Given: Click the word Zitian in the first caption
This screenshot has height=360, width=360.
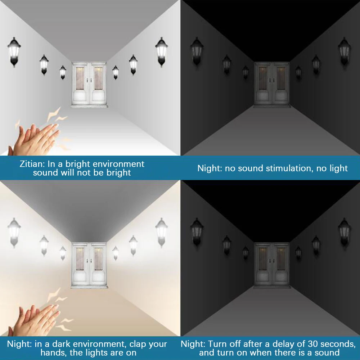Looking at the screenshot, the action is [32, 164].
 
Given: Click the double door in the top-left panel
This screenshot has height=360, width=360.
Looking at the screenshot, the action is [89, 84].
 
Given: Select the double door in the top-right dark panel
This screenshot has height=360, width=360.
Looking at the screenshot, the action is [272, 84].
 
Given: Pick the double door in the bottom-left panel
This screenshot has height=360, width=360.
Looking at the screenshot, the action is [89, 265].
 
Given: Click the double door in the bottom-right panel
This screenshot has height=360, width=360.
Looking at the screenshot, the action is [272, 265].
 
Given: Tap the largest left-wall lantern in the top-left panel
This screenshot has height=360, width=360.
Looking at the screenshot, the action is [14, 52].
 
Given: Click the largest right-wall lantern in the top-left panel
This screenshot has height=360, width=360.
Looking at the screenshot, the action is [161, 52].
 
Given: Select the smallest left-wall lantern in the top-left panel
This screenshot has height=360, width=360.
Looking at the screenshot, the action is [63, 73].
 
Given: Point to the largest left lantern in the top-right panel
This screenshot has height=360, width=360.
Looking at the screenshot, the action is [197, 52].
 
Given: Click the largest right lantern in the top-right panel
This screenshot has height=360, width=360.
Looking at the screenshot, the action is [344, 52].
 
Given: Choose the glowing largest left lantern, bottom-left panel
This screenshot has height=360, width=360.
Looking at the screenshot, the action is [14, 233].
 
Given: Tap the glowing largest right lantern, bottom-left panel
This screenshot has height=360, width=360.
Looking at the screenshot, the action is [161, 233].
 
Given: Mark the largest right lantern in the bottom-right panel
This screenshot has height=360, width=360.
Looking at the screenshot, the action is [344, 233].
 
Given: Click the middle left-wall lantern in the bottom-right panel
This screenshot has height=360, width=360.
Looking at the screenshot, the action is [227, 246].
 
